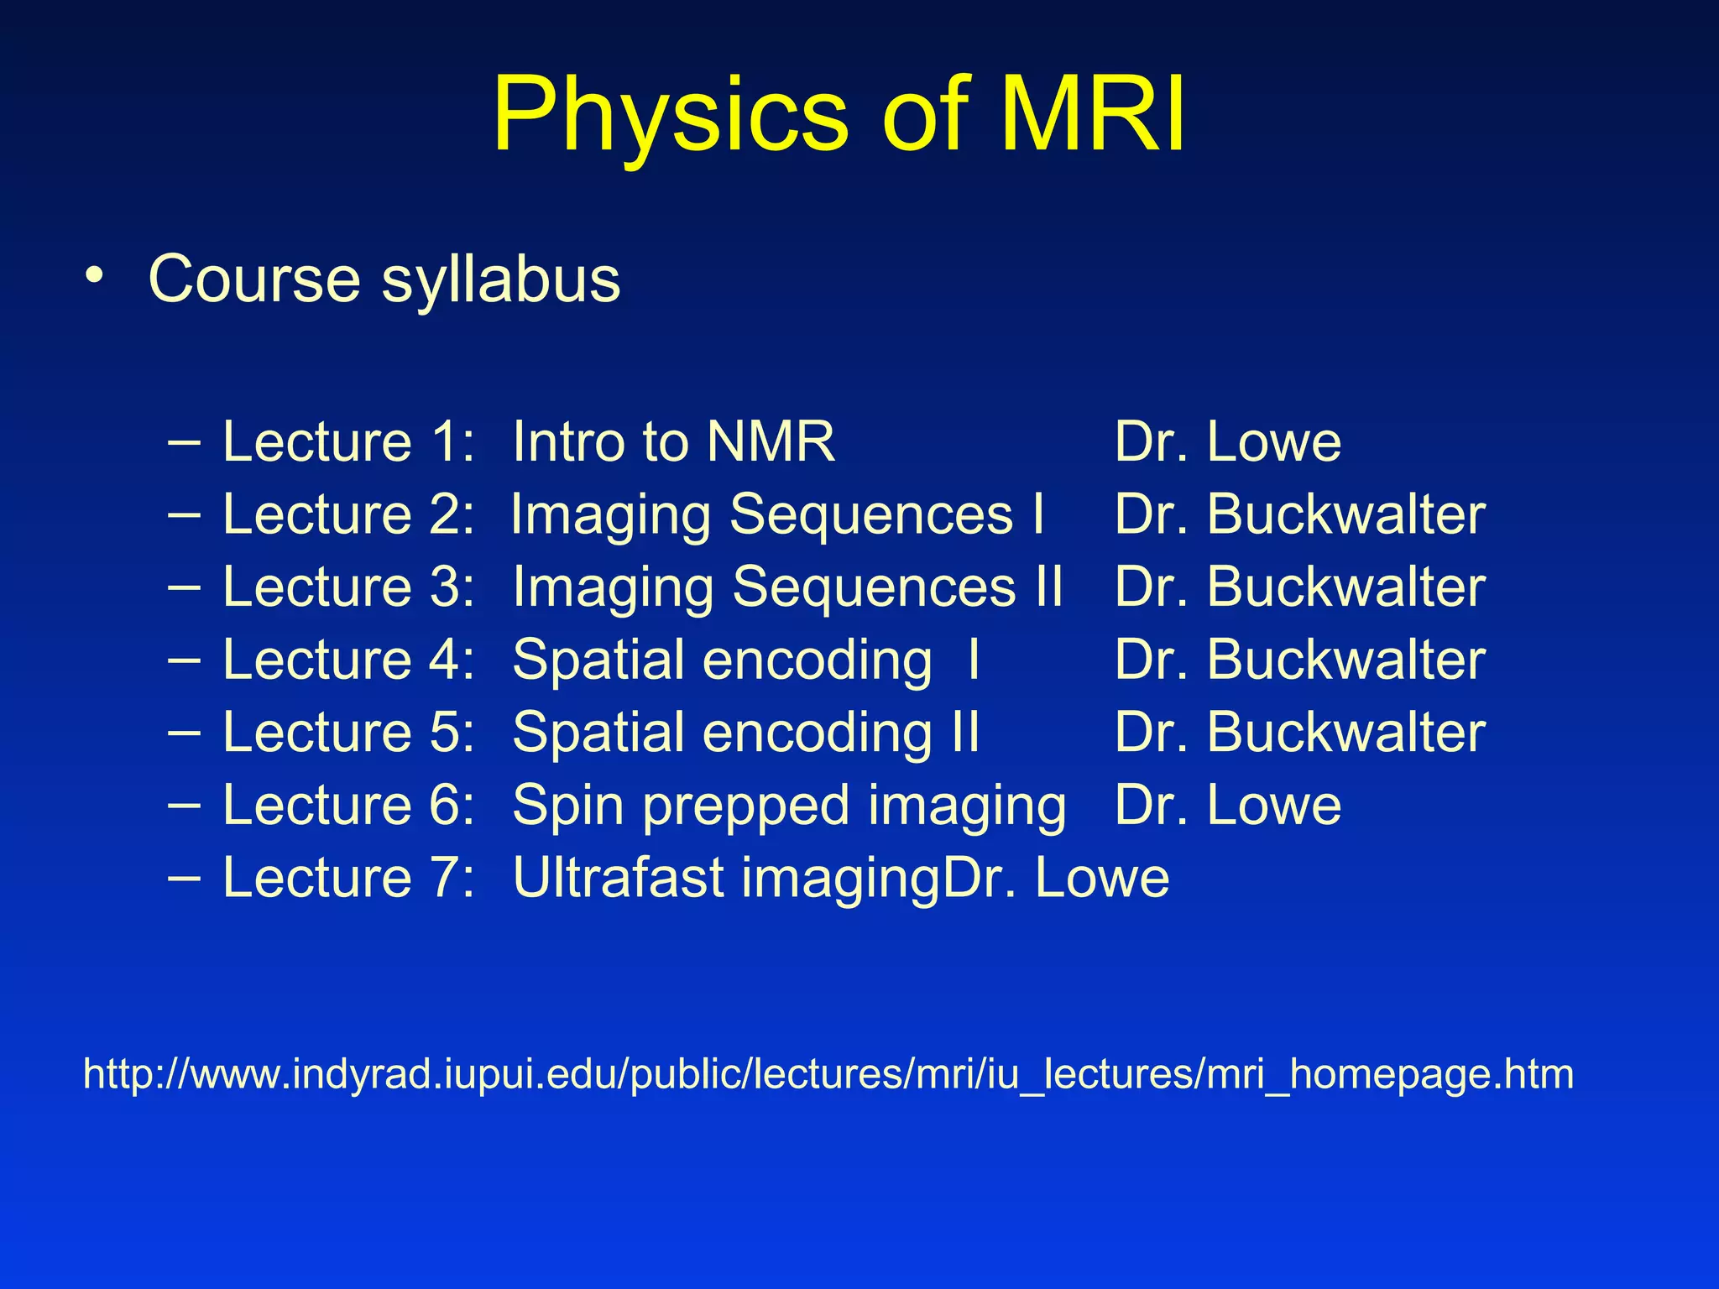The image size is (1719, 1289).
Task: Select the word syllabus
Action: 500,280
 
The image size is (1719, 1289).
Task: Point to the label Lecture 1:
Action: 348,441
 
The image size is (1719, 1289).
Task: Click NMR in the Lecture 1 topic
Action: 771,441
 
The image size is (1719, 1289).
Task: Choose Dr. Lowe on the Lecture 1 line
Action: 1227,441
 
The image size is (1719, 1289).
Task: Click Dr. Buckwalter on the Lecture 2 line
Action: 1299,514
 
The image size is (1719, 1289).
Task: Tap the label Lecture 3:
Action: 348,587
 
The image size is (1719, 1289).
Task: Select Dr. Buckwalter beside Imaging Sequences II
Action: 1299,587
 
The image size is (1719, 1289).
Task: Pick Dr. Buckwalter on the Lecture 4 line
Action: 1299,660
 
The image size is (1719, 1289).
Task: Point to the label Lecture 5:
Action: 348,732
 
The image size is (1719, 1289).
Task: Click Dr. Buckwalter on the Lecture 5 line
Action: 1299,732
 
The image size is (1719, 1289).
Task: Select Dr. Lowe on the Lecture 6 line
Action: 1227,805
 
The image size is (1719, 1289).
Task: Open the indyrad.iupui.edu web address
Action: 828,1074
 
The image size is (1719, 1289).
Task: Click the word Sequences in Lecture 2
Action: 871,514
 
